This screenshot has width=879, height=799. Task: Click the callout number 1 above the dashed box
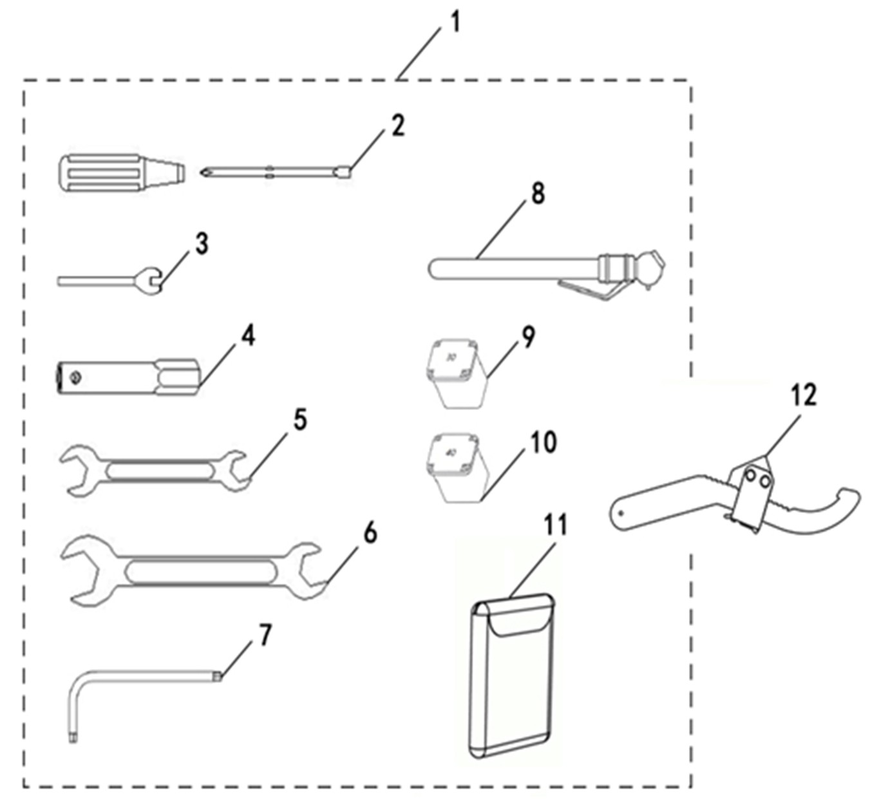pos(455,23)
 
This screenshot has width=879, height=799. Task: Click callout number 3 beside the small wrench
pos(202,244)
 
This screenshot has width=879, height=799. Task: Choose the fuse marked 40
pos(455,464)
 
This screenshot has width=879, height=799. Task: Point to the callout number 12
pos(802,395)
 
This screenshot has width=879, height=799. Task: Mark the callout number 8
pos(538,193)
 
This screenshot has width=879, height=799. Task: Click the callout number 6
pos(370,533)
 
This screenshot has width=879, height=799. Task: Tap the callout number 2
pos(398,126)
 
